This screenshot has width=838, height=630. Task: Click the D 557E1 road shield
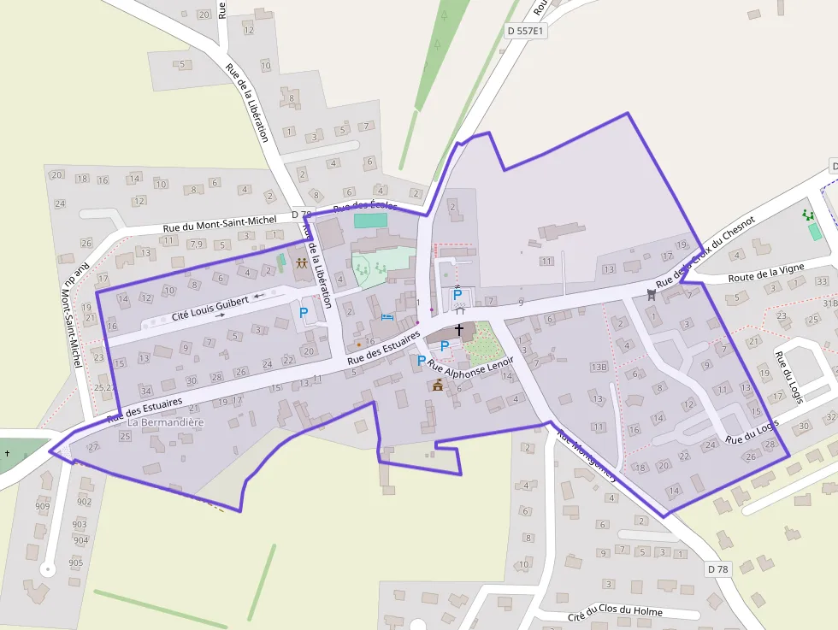pyautogui.click(x=525, y=31)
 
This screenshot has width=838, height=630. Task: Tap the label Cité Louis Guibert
pyautogui.click(x=210, y=308)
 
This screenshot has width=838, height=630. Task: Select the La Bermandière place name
pyautogui.click(x=166, y=423)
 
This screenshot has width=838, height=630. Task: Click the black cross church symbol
pyautogui.click(x=459, y=329)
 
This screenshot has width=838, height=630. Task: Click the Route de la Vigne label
pyautogui.click(x=766, y=273)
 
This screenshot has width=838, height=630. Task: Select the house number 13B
pyautogui.click(x=599, y=368)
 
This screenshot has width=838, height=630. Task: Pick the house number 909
pyautogui.click(x=43, y=506)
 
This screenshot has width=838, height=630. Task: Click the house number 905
pyautogui.click(x=76, y=562)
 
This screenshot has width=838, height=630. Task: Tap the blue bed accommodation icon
pyautogui.click(x=387, y=317)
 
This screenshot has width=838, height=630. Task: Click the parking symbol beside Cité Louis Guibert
pyautogui.click(x=303, y=313)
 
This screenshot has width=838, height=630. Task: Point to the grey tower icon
pyautogui.click(x=652, y=295)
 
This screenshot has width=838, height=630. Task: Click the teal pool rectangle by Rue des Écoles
pyautogui.click(x=370, y=221)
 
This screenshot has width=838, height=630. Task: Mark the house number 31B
pyautogui.click(x=829, y=303)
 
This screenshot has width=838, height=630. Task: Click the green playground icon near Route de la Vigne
pyautogui.click(x=807, y=215)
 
